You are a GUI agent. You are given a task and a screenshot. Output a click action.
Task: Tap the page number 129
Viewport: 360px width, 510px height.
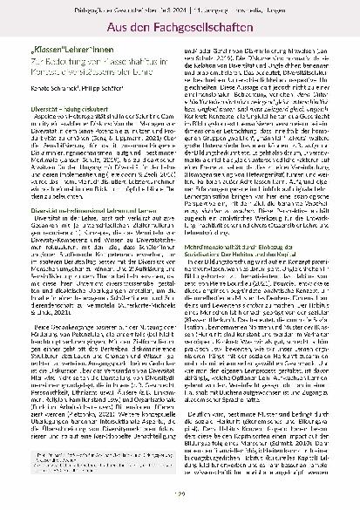click(x=179, y=498)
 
